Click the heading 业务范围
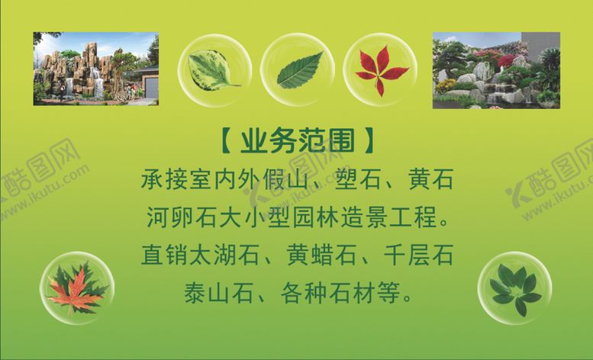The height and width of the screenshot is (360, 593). click(297, 141)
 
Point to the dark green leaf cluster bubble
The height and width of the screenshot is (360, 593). click(514, 288)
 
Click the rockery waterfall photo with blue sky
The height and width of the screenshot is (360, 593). click(95, 69)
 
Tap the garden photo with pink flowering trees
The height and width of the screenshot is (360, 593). click(496, 70)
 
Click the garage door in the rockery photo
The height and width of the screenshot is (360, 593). click(151, 86)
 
